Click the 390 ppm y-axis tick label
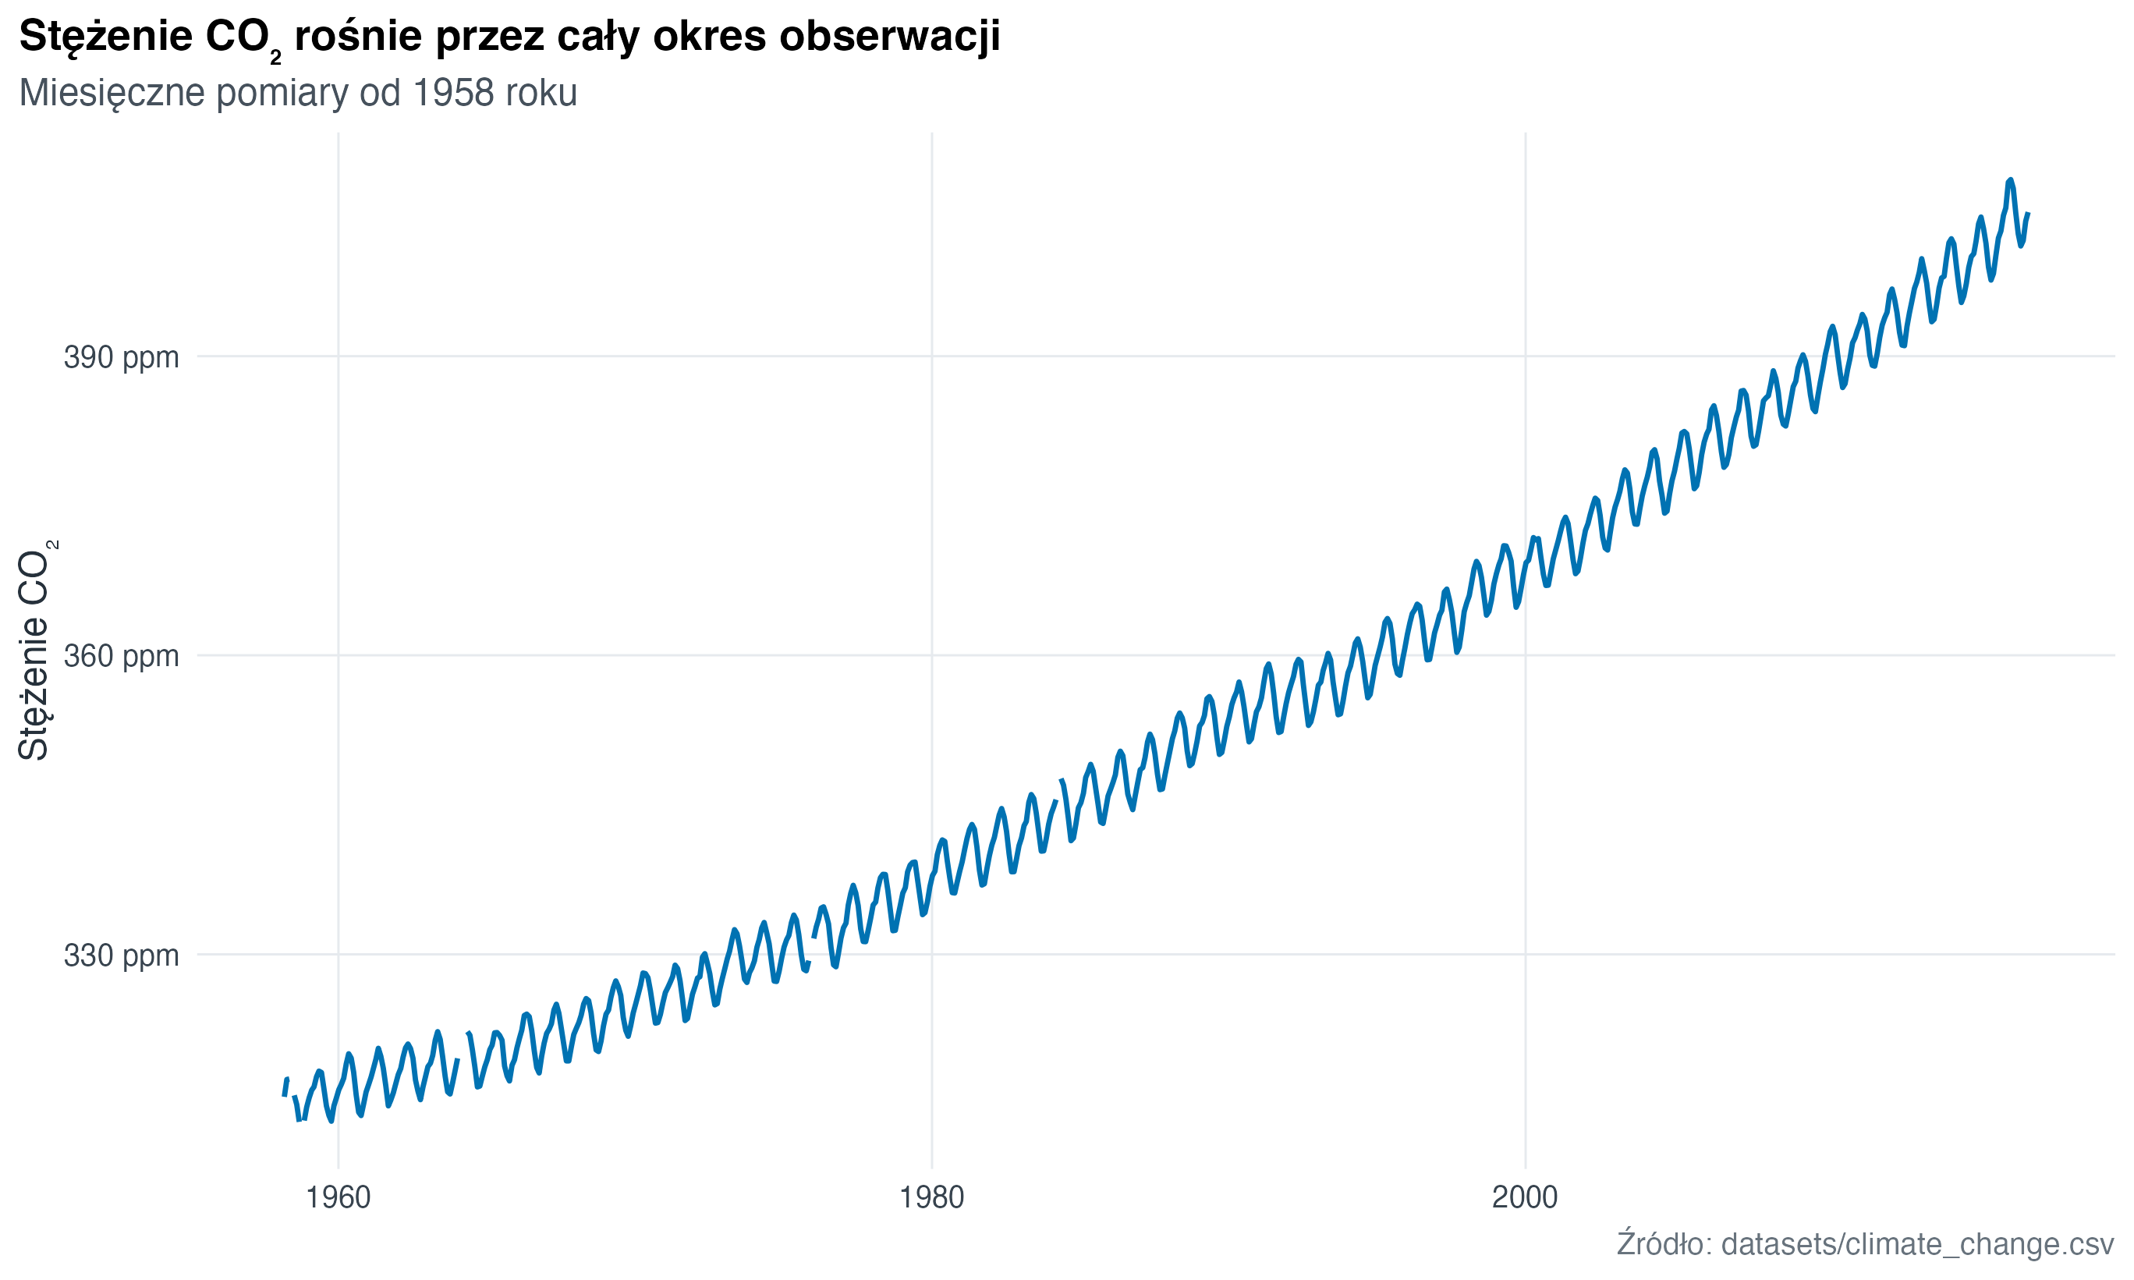pos(121,356)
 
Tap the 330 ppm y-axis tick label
pos(121,955)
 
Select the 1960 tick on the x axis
pos(338,1197)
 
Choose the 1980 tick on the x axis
pos(931,1197)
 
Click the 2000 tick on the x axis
pos(1526,1197)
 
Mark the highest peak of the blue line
pos(2010,180)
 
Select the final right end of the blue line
pos(2028,214)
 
